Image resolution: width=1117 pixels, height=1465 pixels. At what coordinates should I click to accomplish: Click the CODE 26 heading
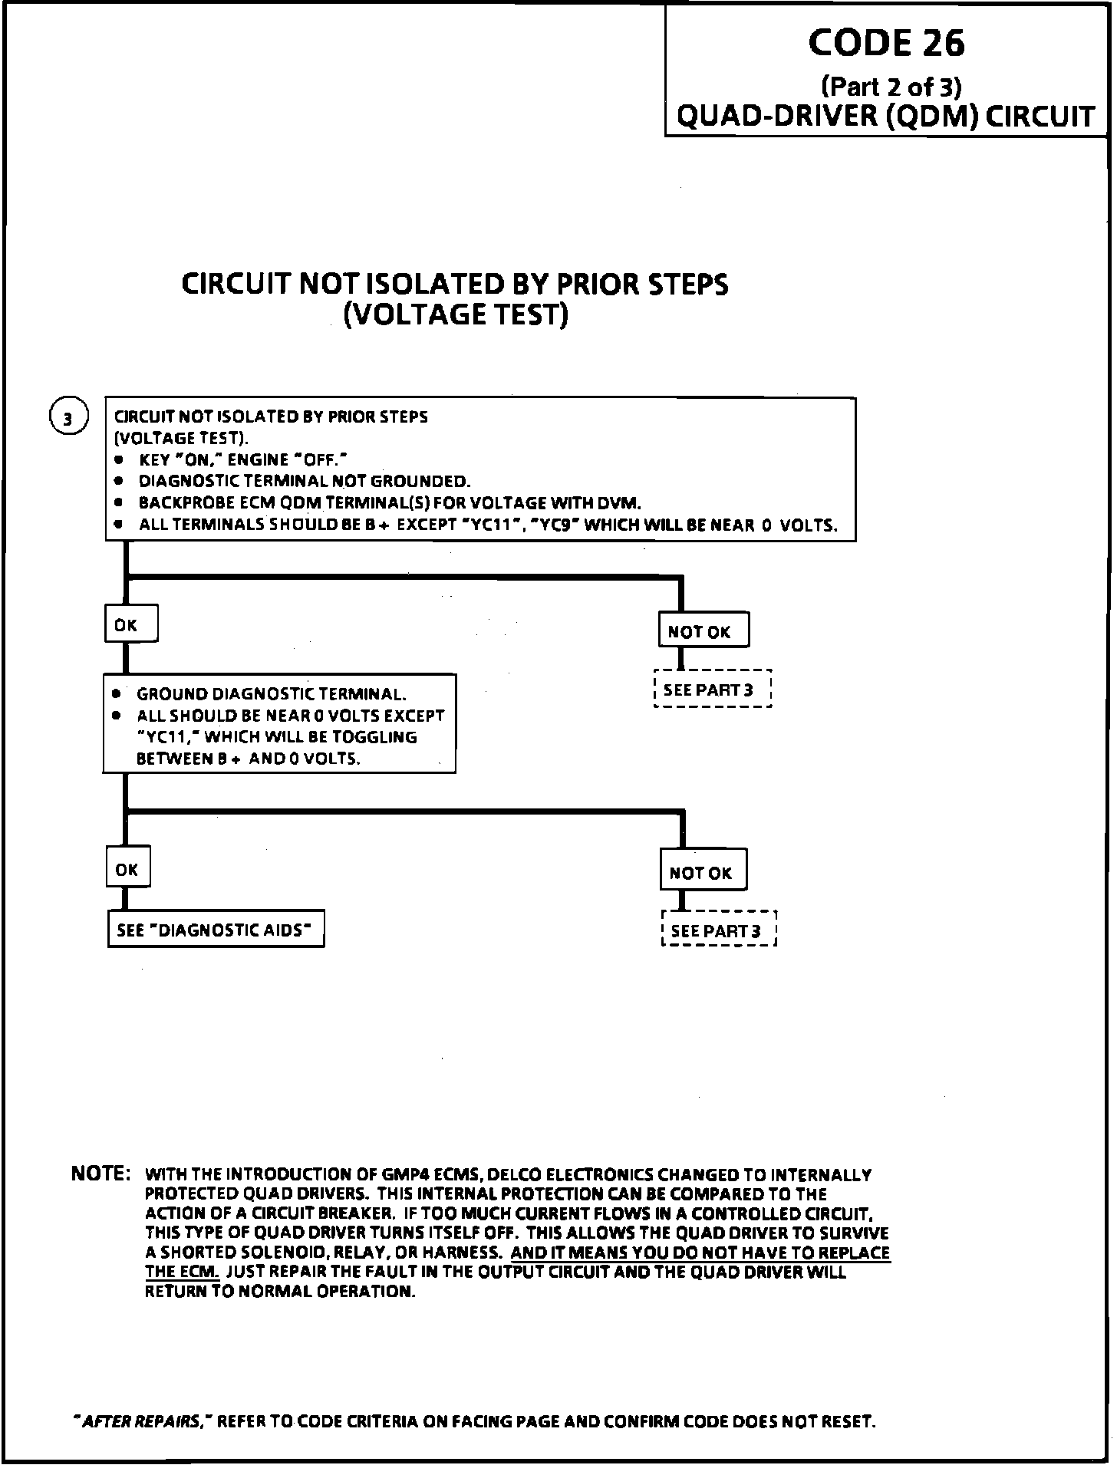pyautogui.click(x=886, y=43)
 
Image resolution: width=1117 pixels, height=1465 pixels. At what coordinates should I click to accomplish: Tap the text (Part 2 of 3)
pyautogui.click(x=891, y=86)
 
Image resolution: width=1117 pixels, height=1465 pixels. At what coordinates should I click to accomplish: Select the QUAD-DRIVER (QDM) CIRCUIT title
pyautogui.click(x=886, y=117)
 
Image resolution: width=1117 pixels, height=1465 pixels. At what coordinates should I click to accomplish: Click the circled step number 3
pyautogui.click(x=68, y=419)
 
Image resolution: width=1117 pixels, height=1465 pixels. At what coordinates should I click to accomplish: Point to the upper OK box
pyautogui.click(x=130, y=624)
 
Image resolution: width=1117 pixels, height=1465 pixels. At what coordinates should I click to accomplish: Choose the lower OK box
pyautogui.click(x=127, y=869)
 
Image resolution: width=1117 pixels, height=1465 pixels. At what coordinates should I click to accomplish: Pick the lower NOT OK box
pyautogui.click(x=702, y=872)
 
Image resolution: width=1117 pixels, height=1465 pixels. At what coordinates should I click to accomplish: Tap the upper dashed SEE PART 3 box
pyautogui.click(x=711, y=690)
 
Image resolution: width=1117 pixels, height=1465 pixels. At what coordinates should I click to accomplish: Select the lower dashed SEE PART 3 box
pyautogui.click(x=718, y=930)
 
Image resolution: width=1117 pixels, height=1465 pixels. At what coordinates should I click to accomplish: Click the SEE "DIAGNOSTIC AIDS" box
pyautogui.click(x=216, y=930)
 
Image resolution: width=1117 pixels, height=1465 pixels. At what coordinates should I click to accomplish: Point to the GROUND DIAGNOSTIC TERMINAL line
pyautogui.click(x=271, y=694)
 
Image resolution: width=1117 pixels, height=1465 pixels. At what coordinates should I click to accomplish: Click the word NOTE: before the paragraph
pyautogui.click(x=101, y=1174)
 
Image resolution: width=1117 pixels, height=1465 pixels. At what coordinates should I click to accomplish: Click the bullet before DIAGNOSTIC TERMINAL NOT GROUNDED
pyautogui.click(x=118, y=481)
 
